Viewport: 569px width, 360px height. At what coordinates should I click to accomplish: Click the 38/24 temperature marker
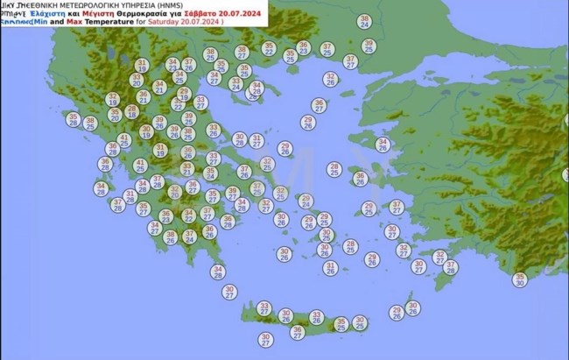pos(364,21)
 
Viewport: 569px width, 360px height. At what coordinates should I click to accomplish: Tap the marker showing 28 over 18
pos(132,111)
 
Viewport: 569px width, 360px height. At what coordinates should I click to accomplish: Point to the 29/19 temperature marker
pos(183,95)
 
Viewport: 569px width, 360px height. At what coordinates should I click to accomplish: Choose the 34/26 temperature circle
pos(383,145)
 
